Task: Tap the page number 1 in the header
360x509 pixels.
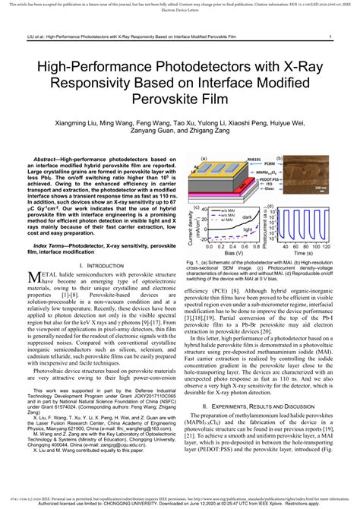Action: tap(329, 36)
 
